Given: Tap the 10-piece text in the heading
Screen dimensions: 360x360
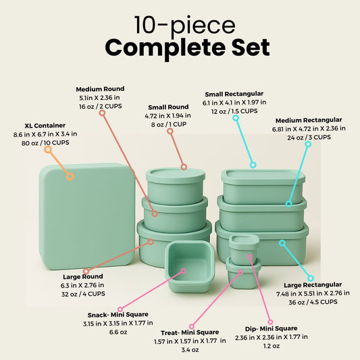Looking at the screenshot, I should tap(184, 24).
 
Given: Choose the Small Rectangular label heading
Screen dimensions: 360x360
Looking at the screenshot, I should tap(234, 93).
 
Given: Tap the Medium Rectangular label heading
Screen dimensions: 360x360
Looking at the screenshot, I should tap(310, 120).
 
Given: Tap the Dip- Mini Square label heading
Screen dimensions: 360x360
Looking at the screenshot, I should tap(271, 328).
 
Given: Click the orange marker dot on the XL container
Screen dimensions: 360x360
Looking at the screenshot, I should tap(70, 177).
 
